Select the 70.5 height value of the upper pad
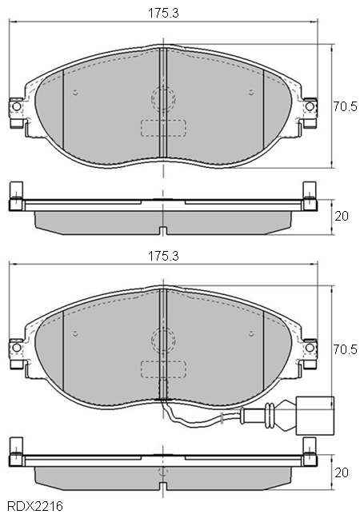(x=346, y=106)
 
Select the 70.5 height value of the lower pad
(x=346, y=349)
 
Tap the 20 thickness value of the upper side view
(x=342, y=217)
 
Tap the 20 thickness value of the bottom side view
(x=342, y=472)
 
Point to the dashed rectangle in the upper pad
(x=162, y=130)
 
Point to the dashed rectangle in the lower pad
(x=162, y=370)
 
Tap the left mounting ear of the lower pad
(x=15, y=349)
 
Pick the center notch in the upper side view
(x=162, y=232)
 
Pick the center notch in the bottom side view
(x=162, y=487)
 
